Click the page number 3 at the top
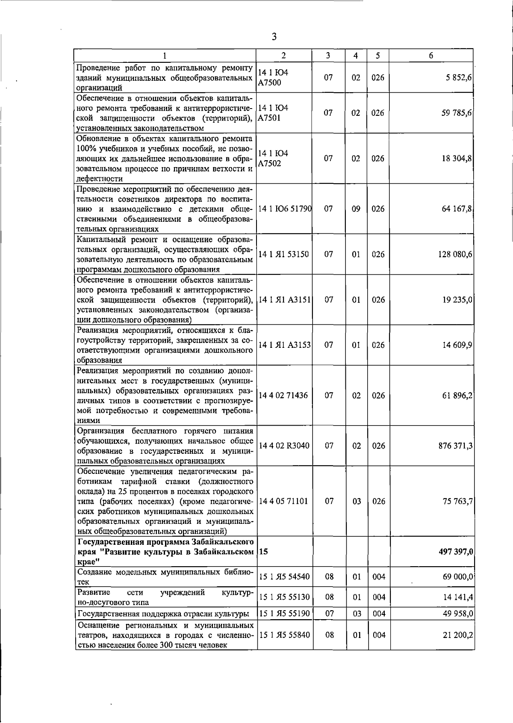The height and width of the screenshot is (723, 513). [274, 37]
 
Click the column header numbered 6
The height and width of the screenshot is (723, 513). [431, 56]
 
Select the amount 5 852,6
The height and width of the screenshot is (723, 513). [458, 78]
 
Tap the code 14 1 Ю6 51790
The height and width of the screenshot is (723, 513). [285, 209]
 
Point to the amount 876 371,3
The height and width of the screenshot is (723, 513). [455, 446]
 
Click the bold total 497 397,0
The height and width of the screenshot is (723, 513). [455, 552]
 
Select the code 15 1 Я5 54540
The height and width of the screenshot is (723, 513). [284, 577]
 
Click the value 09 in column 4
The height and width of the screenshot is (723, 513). [356, 209]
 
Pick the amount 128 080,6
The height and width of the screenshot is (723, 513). [455, 254]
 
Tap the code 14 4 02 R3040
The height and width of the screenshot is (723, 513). [284, 446]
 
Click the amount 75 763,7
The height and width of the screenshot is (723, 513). [457, 501]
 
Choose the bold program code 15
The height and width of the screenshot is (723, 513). [263, 552]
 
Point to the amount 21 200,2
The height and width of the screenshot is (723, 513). [457, 635]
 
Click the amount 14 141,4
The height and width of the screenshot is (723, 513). [457, 597]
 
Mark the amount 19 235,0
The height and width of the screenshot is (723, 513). [457, 300]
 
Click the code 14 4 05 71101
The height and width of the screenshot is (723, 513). [284, 501]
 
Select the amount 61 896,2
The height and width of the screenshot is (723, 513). [457, 396]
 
